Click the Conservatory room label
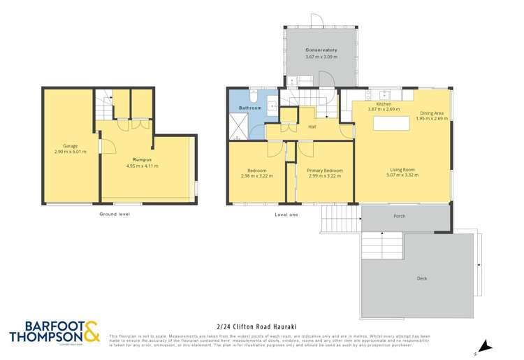coord(321,50)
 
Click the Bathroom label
coord(249,108)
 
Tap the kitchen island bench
coord(391,124)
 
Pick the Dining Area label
coord(431,113)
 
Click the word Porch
coord(400,216)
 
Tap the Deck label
coord(421,278)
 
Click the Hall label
coord(313,127)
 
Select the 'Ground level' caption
coord(115,214)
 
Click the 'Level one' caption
coord(286,215)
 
